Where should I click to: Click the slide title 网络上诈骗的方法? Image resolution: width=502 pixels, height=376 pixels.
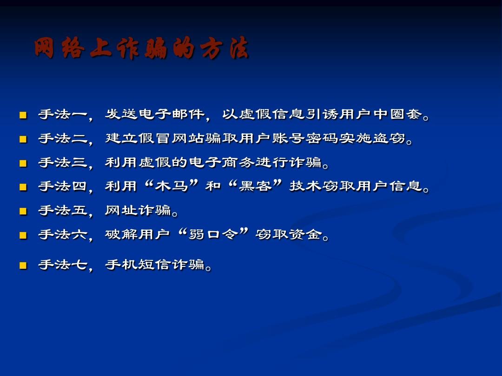(x=142, y=49)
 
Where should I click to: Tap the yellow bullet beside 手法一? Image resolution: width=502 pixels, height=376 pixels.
(x=23, y=115)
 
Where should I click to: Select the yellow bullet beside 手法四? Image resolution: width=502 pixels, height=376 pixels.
(x=23, y=187)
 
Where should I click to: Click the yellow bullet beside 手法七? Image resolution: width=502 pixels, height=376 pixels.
(x=23, y=266)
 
